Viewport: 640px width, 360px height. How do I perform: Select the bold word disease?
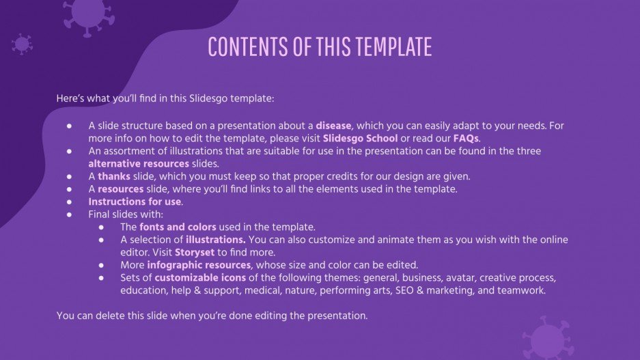tap(333, 126)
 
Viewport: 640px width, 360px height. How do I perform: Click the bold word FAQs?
tap(466, 138)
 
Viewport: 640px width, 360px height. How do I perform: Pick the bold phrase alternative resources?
tap(139, 163)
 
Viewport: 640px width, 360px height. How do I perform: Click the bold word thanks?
tap(113, 176)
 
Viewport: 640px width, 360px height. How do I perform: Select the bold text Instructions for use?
tap(135, 202)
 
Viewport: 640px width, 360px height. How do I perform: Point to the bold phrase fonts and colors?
tap(178, 227)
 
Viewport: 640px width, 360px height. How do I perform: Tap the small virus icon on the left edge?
tap(22, 45)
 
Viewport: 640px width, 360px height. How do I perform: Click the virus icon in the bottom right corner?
tap(547, 338)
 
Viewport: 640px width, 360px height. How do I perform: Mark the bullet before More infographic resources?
tap(101, 264)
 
